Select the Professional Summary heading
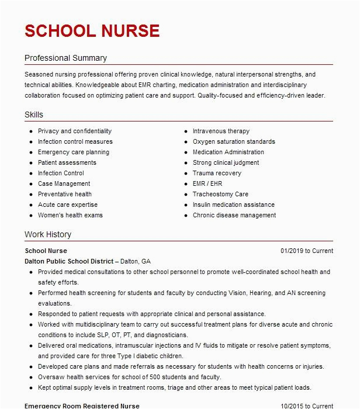(65, 58)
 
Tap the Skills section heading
(34, 115)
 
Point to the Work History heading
(48, 234)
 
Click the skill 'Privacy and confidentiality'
(75, 131)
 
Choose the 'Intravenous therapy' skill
(221, 131)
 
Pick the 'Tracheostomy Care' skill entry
(220, 195)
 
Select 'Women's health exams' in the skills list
(70, 216)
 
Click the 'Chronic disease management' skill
(234, 216)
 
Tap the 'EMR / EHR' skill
(207, 184)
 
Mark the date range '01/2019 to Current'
(307, 251)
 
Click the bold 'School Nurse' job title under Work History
(46, 251)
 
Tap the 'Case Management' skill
(64, 184)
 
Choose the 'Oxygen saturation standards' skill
(234, 142)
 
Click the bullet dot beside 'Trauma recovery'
(185, 174)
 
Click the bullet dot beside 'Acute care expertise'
(30, 205)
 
